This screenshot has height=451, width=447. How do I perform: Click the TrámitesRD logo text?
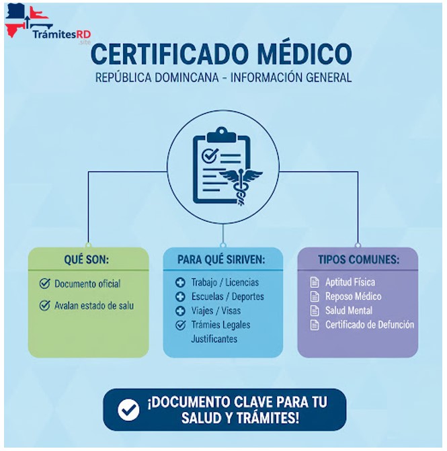(x=61, y=34)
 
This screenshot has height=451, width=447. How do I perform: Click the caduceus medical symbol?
(x=239, y=178)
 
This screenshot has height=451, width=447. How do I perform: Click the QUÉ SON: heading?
(x=87, y=259)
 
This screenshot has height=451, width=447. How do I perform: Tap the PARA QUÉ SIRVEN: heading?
(x=221, y=259)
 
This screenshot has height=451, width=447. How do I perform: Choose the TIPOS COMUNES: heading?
(x=358, y=259)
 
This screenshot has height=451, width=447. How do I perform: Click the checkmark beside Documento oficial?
(x=45, y=283)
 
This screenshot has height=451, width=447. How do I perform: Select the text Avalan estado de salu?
(x=94, y=306)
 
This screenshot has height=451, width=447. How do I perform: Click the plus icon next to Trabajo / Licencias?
(x=180, y=282)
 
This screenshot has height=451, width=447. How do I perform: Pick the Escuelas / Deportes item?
(x=227, y=296)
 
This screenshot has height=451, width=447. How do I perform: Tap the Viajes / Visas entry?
(x=216, y=311)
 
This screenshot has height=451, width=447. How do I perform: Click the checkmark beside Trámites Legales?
(x=180, y=325)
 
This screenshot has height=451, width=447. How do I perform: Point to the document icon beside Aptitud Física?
(x=314, y=282)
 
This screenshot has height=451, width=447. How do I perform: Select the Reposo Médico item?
(x=353, y=296)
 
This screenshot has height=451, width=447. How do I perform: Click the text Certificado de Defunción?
(x=370, y=325)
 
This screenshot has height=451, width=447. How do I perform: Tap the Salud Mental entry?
(x=348, y=311)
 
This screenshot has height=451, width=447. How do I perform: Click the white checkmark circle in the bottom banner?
(x=128, y=409)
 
